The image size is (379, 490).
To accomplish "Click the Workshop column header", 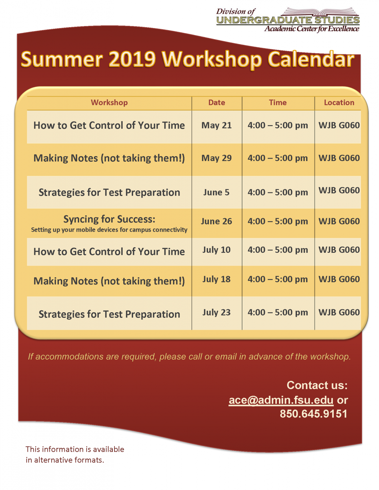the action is point(109,103).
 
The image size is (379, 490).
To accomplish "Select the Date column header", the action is point(217,103).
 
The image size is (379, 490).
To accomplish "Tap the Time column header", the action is point(278,103).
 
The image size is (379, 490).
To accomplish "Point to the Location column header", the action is point(339,103).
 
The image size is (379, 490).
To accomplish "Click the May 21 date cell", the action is point(216,125).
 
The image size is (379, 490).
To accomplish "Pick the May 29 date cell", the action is point(216,158).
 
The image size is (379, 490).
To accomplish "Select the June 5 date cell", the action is point(216,192).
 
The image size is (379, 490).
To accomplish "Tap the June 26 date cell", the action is point(216,221).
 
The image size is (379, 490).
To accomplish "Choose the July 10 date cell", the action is point(216,250).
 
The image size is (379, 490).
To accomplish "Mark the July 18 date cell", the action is point(216,279).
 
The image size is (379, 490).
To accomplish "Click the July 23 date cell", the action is point(216,312).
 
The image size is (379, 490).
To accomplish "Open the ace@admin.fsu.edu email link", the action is point(281,400).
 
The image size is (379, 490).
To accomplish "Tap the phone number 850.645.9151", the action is point(314,414).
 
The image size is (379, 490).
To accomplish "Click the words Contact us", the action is point(317,385).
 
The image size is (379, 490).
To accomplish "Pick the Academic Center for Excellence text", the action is point(312,29).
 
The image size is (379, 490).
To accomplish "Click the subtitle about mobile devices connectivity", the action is point(109,230).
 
